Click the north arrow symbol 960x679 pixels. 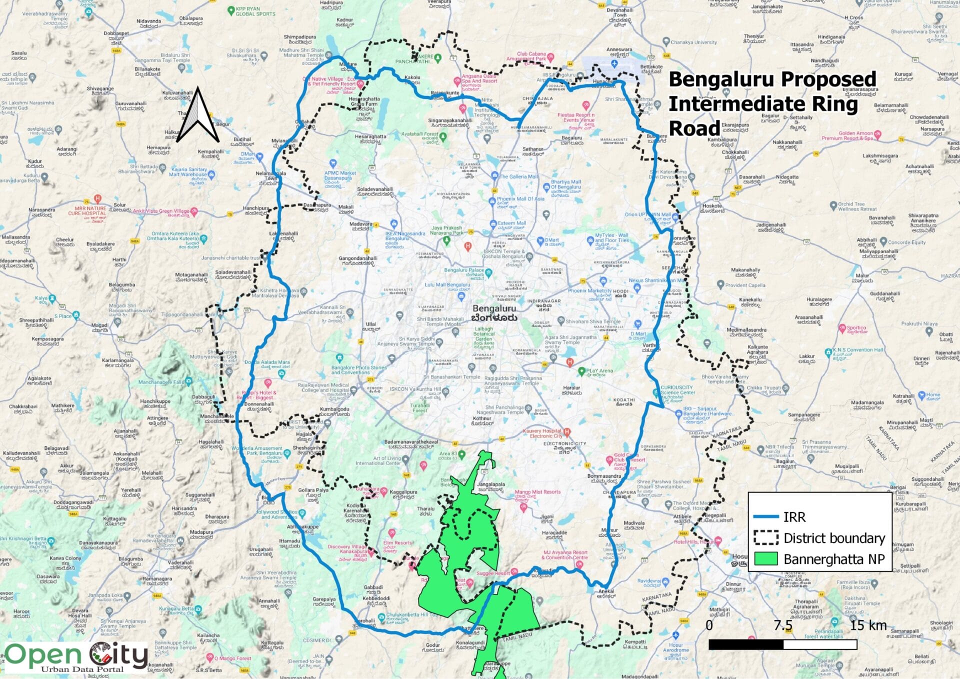(x=198, y=116)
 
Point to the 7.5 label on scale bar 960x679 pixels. (x=783, y=625)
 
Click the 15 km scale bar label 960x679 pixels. (x=868, y=625)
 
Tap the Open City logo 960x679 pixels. (x=76, y=656)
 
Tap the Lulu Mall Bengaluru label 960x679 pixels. (x=447, y=285)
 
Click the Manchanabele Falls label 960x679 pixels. (x=161, y=382)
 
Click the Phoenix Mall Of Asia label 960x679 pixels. (x=520, y=199)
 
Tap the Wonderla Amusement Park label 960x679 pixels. (x=257, y=450)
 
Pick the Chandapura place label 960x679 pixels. (x=619, y=492)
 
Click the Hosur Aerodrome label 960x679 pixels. (x=675, y=647)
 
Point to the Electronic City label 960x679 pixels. (x=564, y=444)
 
